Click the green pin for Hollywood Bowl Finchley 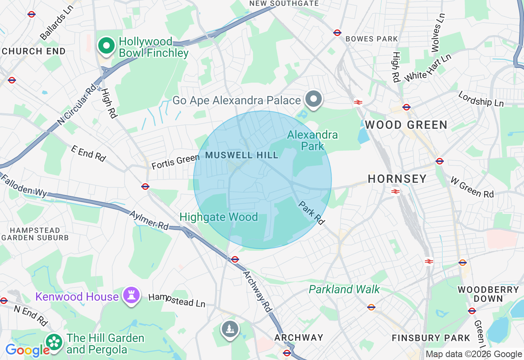pyautogui.click(x=106, y=46)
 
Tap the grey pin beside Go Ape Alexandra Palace pyautogui.click(x=314, y=99)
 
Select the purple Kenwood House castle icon pyautogui.click(x=131, y=296)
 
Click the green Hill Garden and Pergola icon pyautogui.click(x=54, y=343)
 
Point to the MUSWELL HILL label pyautogui.click(x=242, y=155)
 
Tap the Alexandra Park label pyautogui.click(x=312, y=140)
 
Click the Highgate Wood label pyautogui.click(x=219, y=217)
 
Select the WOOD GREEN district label pyautogui.click(x=406, y=125)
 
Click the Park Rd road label pyautogui.click(x=312, y=213)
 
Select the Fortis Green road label pyautogui.click(x=175, y=162)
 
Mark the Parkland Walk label pyautogui.click(x=344, y=290)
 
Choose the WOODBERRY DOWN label pyautogui.click(x=488, y=294)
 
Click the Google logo pyautogui.click(x=27, y=350)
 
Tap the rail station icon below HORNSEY pyautogui.click(x=395, y=191)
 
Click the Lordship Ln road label pyautogui.click(x=481, y=99)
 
